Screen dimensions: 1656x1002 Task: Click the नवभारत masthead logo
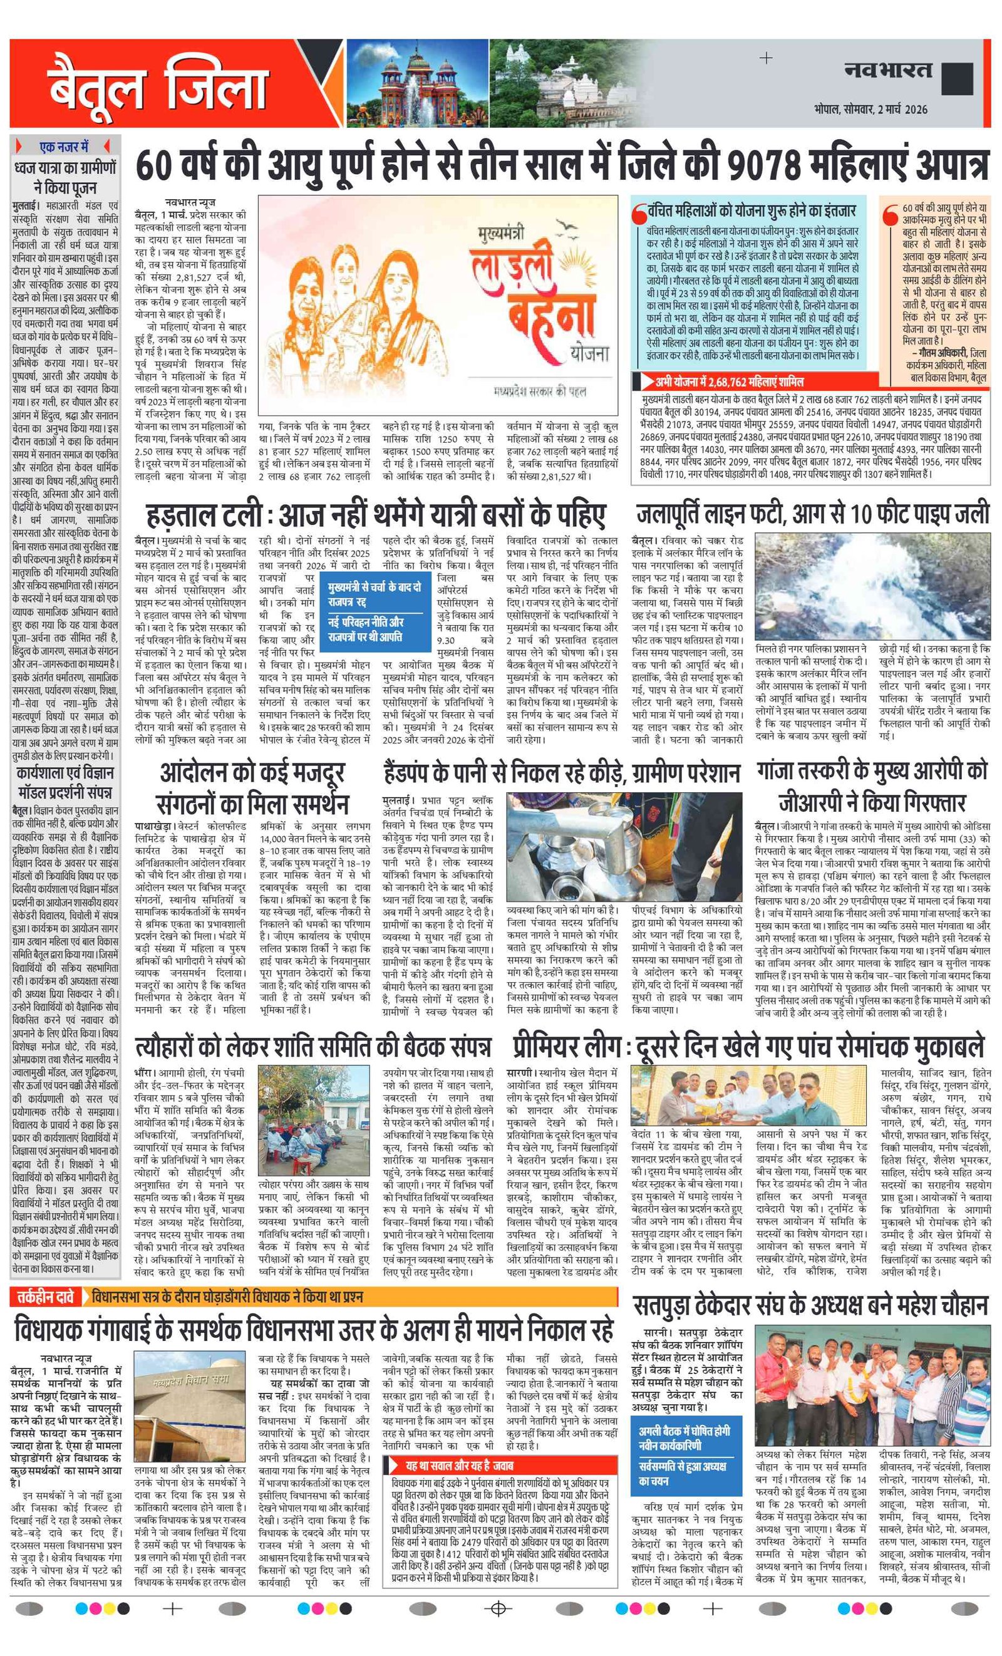click(888, 70)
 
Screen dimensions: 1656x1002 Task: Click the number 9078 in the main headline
click(763, 165)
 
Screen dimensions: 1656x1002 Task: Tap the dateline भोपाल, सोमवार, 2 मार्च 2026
click(870, 109)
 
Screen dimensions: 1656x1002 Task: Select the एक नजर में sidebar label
click(64, 147)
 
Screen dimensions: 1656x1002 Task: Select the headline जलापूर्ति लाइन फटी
click(812, 514)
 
